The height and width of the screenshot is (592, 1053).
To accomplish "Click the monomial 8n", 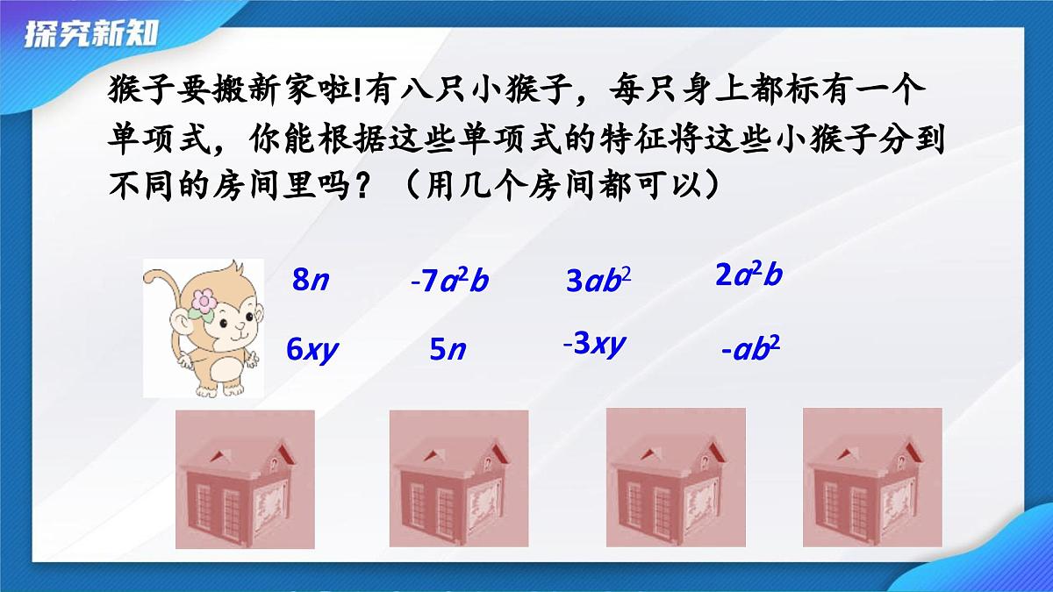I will coord(312,281).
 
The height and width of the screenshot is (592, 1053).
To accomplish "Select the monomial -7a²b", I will coord(449,282).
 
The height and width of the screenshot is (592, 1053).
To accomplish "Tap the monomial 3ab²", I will coord(598,281).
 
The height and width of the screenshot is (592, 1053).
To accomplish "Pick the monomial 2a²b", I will coord(749,275).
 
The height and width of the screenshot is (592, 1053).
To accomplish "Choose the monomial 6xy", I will coord(312,350).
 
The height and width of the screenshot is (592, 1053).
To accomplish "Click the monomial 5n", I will coord(447,350).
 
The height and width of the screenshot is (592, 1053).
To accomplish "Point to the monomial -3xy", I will coord(594,344).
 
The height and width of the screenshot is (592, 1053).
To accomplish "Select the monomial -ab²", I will coord(750,350).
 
